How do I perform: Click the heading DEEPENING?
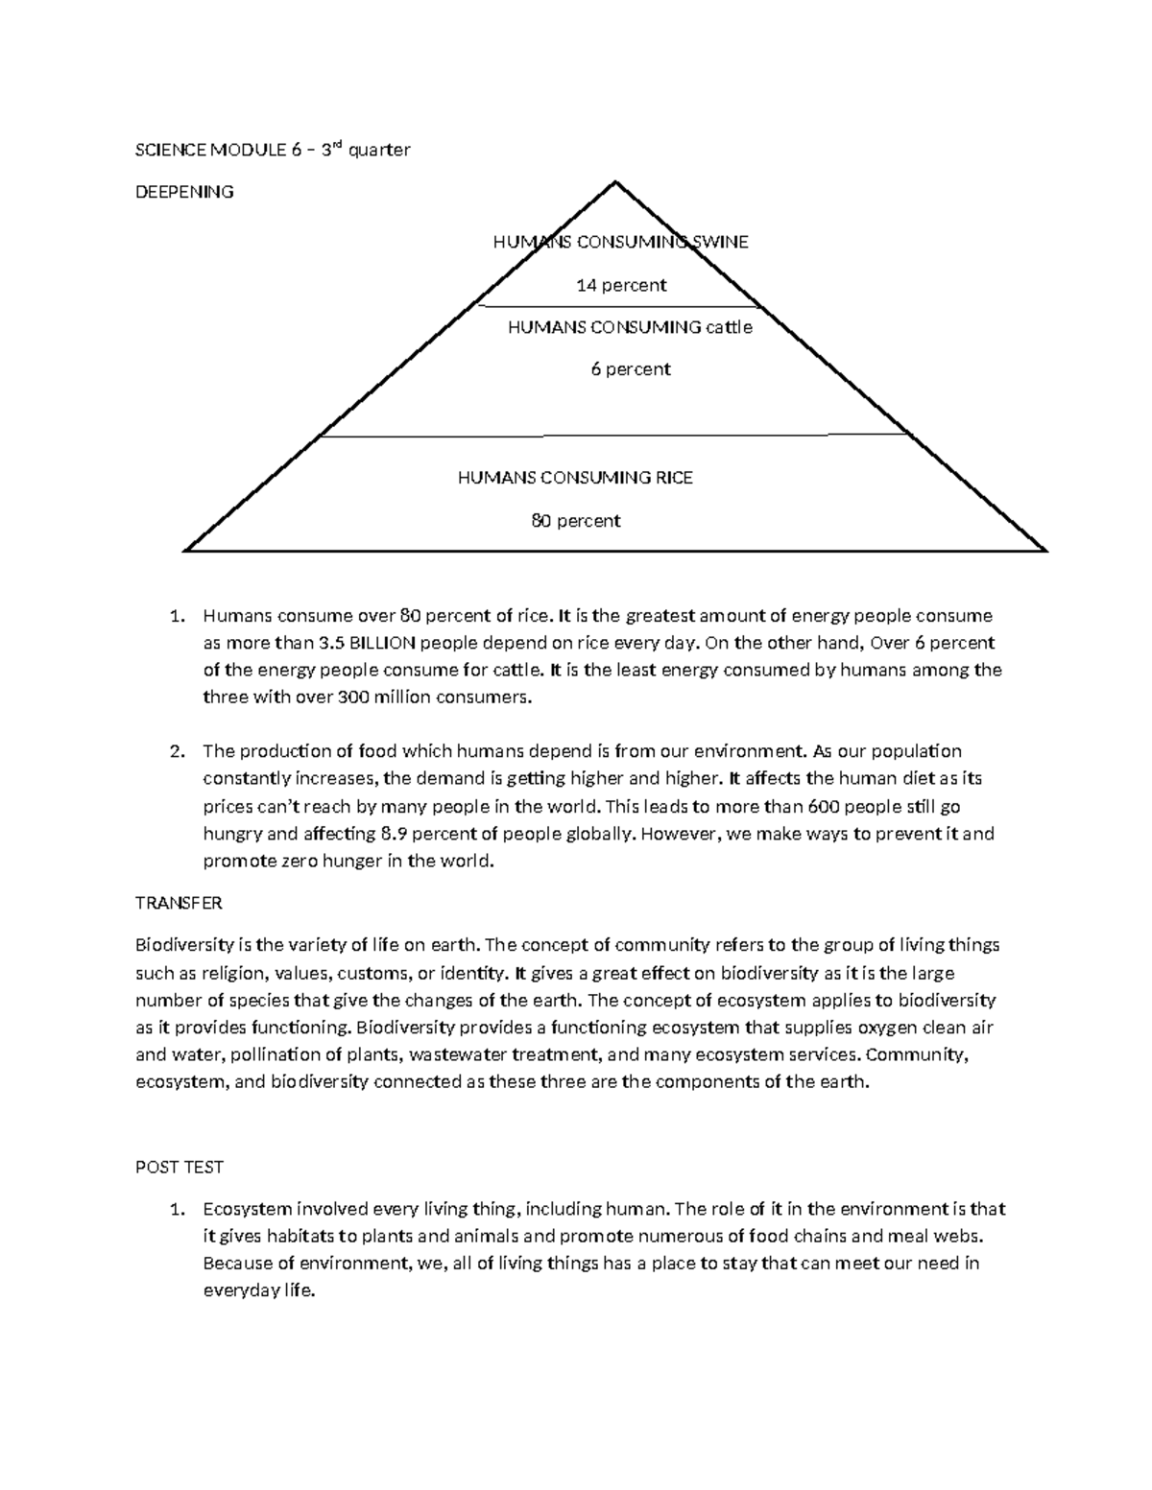183,192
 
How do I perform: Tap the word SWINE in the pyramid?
719,242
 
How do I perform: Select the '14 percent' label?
620,285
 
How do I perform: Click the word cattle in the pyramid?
729,327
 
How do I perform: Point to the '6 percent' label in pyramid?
630,369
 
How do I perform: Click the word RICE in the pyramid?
674,478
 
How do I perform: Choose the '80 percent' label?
576,521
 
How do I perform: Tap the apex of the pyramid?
614,182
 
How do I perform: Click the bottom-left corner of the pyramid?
184,551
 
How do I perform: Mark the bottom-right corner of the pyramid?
1045,551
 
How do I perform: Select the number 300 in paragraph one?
350,698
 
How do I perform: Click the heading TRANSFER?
179,904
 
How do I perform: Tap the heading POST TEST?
179,1168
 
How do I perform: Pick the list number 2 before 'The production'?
175,751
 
